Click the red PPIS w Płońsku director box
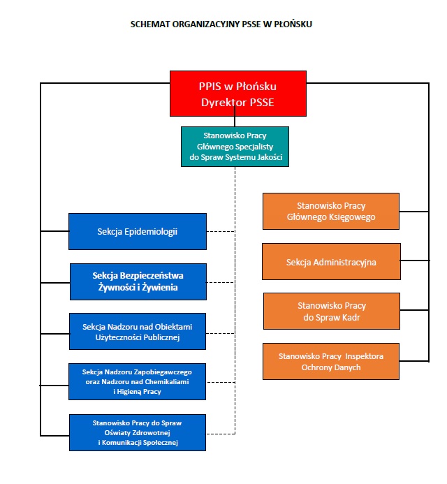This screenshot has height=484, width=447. point(238,93)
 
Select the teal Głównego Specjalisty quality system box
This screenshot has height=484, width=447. point(235,147)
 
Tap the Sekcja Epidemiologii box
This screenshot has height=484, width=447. point(138,231)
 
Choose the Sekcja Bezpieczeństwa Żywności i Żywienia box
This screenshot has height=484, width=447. point(138,281)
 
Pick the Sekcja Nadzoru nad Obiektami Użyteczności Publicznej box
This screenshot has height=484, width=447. point(138,332)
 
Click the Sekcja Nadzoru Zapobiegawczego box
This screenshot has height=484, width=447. point(138,381)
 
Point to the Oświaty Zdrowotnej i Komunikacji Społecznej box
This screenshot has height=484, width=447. point(138,432)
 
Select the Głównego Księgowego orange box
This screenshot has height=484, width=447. point(331,211)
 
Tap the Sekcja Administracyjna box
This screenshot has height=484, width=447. point(331,262)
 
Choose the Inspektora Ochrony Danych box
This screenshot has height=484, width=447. point(331,361)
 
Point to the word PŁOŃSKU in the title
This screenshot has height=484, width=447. point(294,24)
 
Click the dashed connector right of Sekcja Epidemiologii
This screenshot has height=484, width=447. point(221,231)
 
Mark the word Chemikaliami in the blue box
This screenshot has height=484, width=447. point(166,381)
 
